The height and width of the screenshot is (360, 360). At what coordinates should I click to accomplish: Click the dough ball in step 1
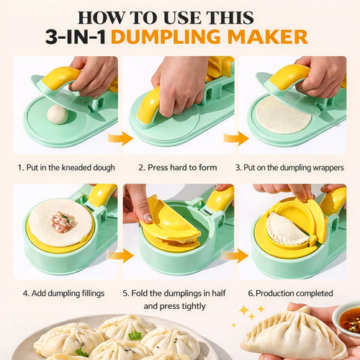tap(58, 114)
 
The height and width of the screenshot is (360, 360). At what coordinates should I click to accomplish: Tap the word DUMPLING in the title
tap(166, 37)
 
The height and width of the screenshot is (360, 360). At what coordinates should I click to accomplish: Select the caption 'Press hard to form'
tap(182, 168)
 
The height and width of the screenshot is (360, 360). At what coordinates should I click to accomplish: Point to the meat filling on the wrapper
tap(63, 222)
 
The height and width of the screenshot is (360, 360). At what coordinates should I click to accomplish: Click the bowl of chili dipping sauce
tap(348, 318)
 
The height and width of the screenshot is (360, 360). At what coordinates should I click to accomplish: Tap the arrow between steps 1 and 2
tap(120, 138)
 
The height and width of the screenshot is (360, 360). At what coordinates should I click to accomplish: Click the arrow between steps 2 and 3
tap(235, 138)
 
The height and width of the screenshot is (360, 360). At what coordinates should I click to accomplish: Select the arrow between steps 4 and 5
tap(120, 256)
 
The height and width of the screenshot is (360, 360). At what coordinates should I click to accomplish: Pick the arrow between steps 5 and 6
tap(235, 256)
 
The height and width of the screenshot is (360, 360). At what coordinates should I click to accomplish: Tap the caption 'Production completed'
tap(294, 293)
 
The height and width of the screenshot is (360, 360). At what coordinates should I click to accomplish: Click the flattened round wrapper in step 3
tap(283, 114)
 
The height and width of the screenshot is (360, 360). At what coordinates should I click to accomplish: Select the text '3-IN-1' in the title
tap(76, 37)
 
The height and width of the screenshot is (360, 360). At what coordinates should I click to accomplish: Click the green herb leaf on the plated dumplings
tap(135, 335)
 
